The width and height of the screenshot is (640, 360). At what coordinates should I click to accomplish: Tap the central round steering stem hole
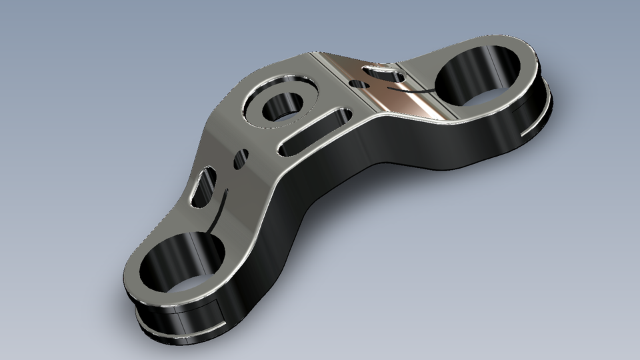point(284,107)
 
